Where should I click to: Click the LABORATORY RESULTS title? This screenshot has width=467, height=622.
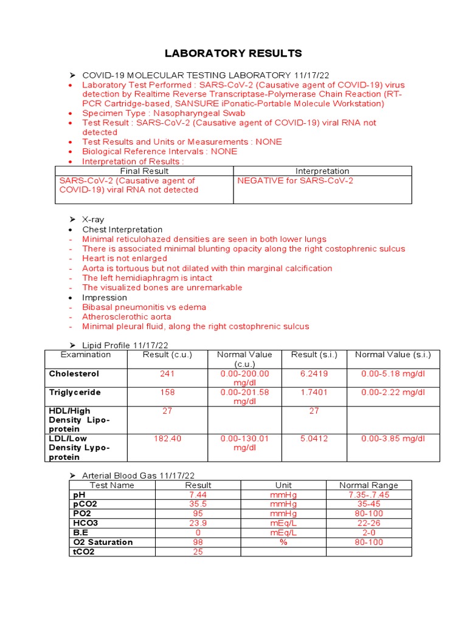coord(233,53)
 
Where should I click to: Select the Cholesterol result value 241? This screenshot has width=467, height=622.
coord(167,374)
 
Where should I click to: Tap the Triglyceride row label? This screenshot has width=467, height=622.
coord(75,392)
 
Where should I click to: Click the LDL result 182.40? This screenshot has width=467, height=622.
coord(167,439)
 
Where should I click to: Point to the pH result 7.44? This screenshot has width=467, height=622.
coord(198,495)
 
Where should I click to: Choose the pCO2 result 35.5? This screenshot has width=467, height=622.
coord(198,504)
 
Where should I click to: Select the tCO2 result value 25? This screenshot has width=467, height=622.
coord(198,552)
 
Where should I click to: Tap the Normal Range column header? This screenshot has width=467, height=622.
coord(368,485)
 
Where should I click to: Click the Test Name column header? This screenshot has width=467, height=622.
coord(112,485)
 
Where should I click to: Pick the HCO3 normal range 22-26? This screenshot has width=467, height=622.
coord(368,523)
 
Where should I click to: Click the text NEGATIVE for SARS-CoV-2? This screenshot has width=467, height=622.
coord(295,180)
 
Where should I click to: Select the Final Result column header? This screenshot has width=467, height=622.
coord(144,171)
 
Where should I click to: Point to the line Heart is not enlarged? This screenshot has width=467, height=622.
coord(125,258)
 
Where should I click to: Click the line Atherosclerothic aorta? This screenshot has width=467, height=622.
coord(126,316)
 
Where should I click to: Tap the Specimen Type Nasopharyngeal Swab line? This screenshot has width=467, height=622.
coord(164,113)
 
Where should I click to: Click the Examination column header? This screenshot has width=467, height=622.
coord(86,355)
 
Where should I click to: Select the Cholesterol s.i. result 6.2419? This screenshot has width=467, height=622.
coord(314,374)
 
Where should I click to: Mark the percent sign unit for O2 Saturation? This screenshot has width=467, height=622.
coord(283,542)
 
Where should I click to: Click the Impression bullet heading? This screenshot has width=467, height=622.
coord(105,298)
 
